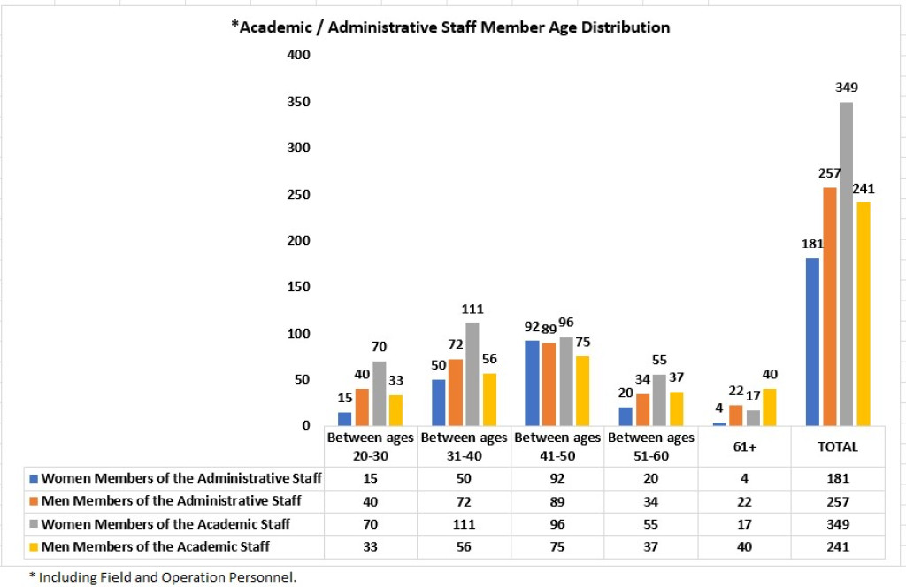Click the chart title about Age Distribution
450,27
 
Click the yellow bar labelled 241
863,313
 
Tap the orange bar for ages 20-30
361,407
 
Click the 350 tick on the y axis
299,102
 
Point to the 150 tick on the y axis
299,286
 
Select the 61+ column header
744,446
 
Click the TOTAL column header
838,446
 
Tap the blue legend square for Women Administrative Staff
34,478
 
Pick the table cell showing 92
557,478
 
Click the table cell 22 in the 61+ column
744,501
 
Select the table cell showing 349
838,524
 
